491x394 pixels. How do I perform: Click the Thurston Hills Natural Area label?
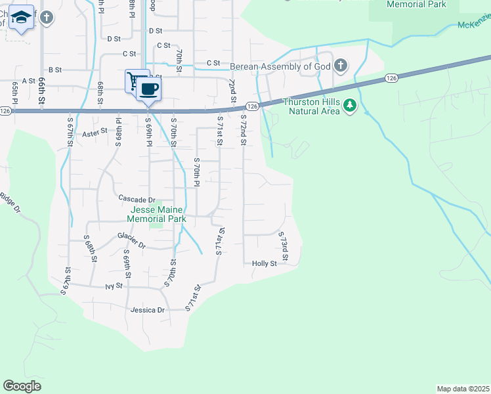(311, 106)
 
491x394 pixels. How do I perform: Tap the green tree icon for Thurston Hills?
(350, 105)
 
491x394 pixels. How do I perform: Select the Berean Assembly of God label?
(279, 66)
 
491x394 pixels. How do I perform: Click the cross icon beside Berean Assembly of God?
(340, 65)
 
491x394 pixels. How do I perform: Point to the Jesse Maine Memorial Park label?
(156, 214)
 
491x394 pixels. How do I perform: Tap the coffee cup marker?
(149, 89)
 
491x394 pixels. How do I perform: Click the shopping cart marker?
(136, 81)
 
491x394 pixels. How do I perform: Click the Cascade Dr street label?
(137, 199)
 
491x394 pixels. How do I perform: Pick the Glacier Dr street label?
(131, 240)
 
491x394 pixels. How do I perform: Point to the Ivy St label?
(114, 286)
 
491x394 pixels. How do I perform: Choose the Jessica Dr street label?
(150, 309)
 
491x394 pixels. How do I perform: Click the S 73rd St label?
(284, 244)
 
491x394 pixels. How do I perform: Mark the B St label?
(54, 69)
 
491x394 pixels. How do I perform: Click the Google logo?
(22, 385)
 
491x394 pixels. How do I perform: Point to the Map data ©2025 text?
(463, 389)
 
